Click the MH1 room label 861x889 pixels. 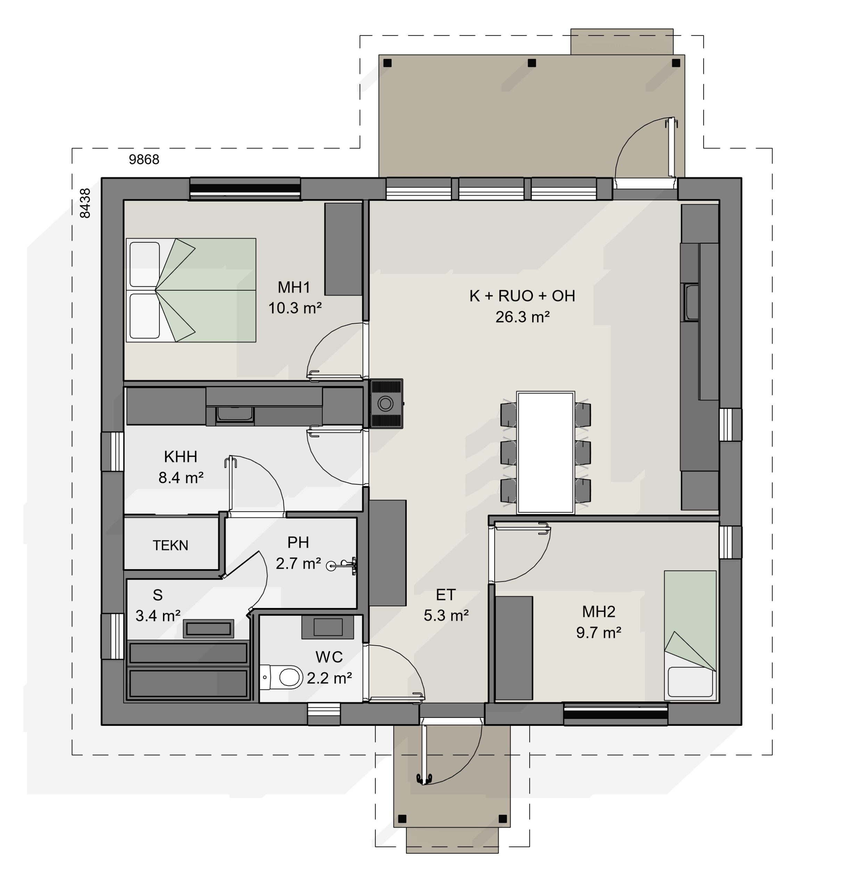coord(293,287)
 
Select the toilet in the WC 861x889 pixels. coord(281,677)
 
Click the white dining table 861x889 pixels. coord(545,452)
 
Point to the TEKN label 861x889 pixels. coord(170,545)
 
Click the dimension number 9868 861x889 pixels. coord(144,160)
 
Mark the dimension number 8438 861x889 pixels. coord(85,203)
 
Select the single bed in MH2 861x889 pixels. coord(690,635)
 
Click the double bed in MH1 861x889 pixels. coord(191,290)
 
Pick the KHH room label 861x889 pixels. coord(180,457)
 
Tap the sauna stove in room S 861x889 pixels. coord(209,629)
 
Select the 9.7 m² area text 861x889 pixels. coord(598,632)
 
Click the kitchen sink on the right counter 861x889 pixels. coord(692,302)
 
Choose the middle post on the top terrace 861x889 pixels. coord(532,63)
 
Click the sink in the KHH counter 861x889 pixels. coord(234,414)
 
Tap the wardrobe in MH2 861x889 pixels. coord(514,648)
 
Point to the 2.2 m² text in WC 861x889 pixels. coord(329,678)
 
